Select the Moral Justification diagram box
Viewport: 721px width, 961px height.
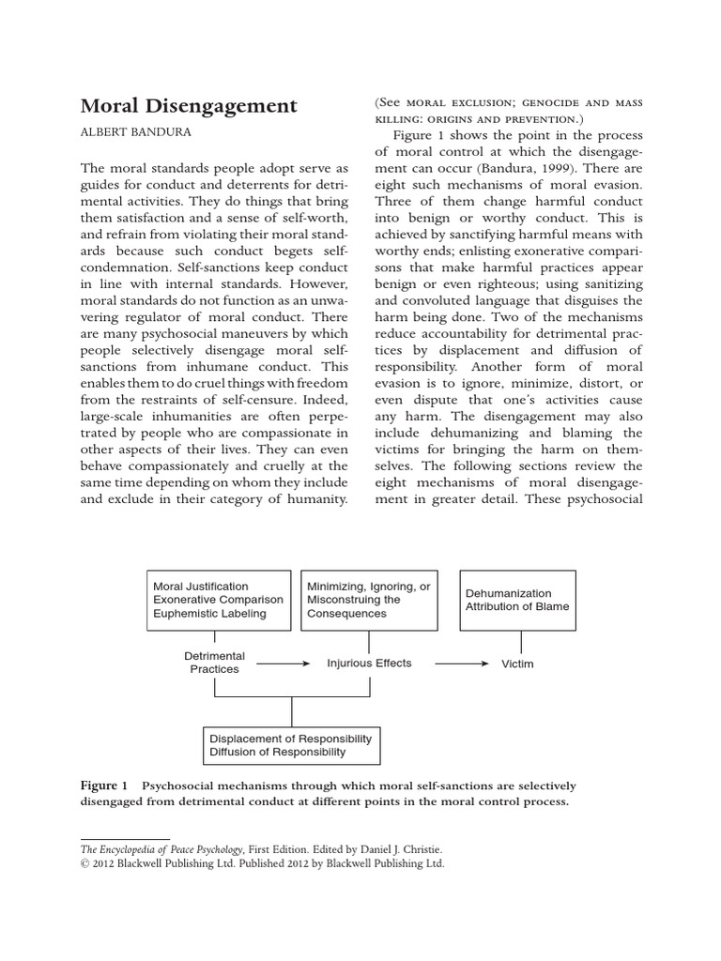(x=217, y=600)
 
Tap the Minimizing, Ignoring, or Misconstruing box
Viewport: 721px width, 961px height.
(x=369, y=600)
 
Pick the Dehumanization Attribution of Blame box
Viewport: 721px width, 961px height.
(x=517, y=600)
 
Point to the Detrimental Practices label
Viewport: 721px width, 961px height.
(x=215, y=663)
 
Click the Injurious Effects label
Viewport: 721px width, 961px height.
(x=369, y=663)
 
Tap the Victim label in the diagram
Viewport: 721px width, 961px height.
(x=517, y=664)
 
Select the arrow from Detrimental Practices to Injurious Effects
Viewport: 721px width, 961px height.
(x=284, y=664)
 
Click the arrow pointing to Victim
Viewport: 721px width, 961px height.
(x=462, y=664)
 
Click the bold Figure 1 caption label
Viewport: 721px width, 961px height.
(x=103, y=786)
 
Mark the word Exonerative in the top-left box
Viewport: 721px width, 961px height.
(x=185, y=601)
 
